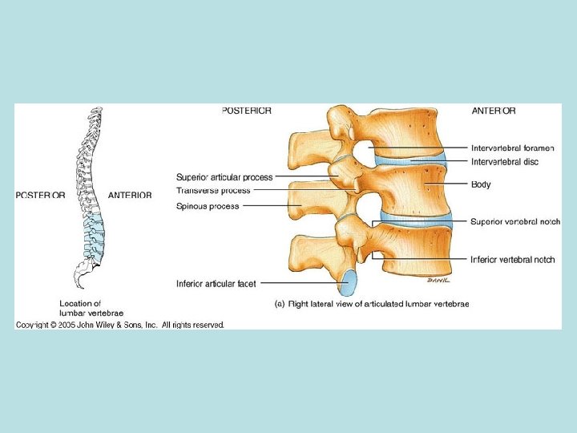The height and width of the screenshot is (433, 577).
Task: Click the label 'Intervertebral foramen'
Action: (513, 148)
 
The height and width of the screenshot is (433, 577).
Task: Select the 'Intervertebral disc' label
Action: (505, 162)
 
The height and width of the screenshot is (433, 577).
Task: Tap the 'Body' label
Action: (481, 185)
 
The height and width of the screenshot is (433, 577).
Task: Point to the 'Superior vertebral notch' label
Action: (515, 221)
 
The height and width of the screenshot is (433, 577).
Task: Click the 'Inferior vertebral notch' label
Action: (513, 260)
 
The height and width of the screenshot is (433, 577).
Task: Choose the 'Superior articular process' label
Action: (224, 177)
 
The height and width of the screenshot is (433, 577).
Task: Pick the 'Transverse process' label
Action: (213, 191)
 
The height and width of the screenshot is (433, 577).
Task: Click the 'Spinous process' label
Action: (207, 207)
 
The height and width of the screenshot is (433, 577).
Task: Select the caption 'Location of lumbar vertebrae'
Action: (80, 308)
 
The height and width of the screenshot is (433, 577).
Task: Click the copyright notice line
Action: (120, 325)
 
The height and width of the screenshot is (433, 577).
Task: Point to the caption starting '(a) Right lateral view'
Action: (372, 304)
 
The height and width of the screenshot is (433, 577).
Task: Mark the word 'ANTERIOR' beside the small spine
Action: (130, 195)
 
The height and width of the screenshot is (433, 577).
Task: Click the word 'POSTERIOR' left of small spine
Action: (40, 195)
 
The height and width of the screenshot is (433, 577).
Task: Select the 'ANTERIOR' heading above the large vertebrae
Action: (494, 111)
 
